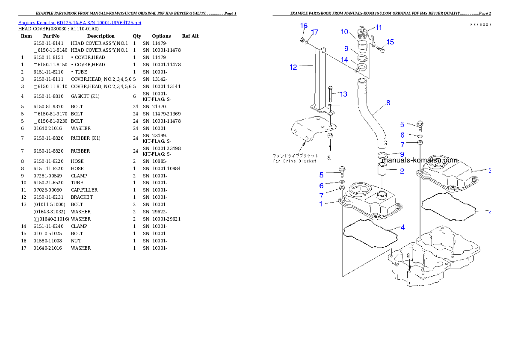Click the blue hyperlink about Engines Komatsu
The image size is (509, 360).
point(80,22)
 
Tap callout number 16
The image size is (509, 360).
point(304,26)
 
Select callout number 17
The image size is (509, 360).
point(315,32)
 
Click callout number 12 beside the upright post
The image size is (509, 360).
point(293,67)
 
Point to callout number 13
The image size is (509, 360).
point(343,94)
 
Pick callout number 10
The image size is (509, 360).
point(344,32)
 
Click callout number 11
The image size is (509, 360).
point(379,27)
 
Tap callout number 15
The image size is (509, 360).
point(390,42)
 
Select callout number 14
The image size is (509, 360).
point(344,60)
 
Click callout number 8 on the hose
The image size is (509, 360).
point(388,103)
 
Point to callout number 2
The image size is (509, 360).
point(402,171)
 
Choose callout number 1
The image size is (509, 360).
point(321,204)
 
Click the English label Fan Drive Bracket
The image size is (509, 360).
point(295,161)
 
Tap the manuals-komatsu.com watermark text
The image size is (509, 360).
point(420,160)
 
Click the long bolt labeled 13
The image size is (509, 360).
point(331,95)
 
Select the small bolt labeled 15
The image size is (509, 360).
point(380,49)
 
